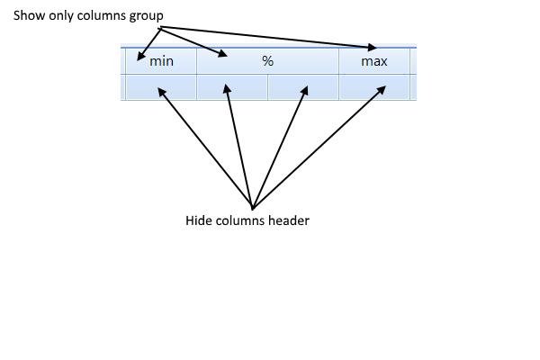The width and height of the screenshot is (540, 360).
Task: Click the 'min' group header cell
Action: [x=161, y=61]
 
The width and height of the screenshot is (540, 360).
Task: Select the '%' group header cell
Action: [x=267, y=61]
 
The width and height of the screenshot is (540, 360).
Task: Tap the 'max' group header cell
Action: [x=373, y=61]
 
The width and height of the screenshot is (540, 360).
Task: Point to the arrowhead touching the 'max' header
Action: [x=373, y=46]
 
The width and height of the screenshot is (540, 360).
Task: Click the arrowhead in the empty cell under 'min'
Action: [x=161, y=89]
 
